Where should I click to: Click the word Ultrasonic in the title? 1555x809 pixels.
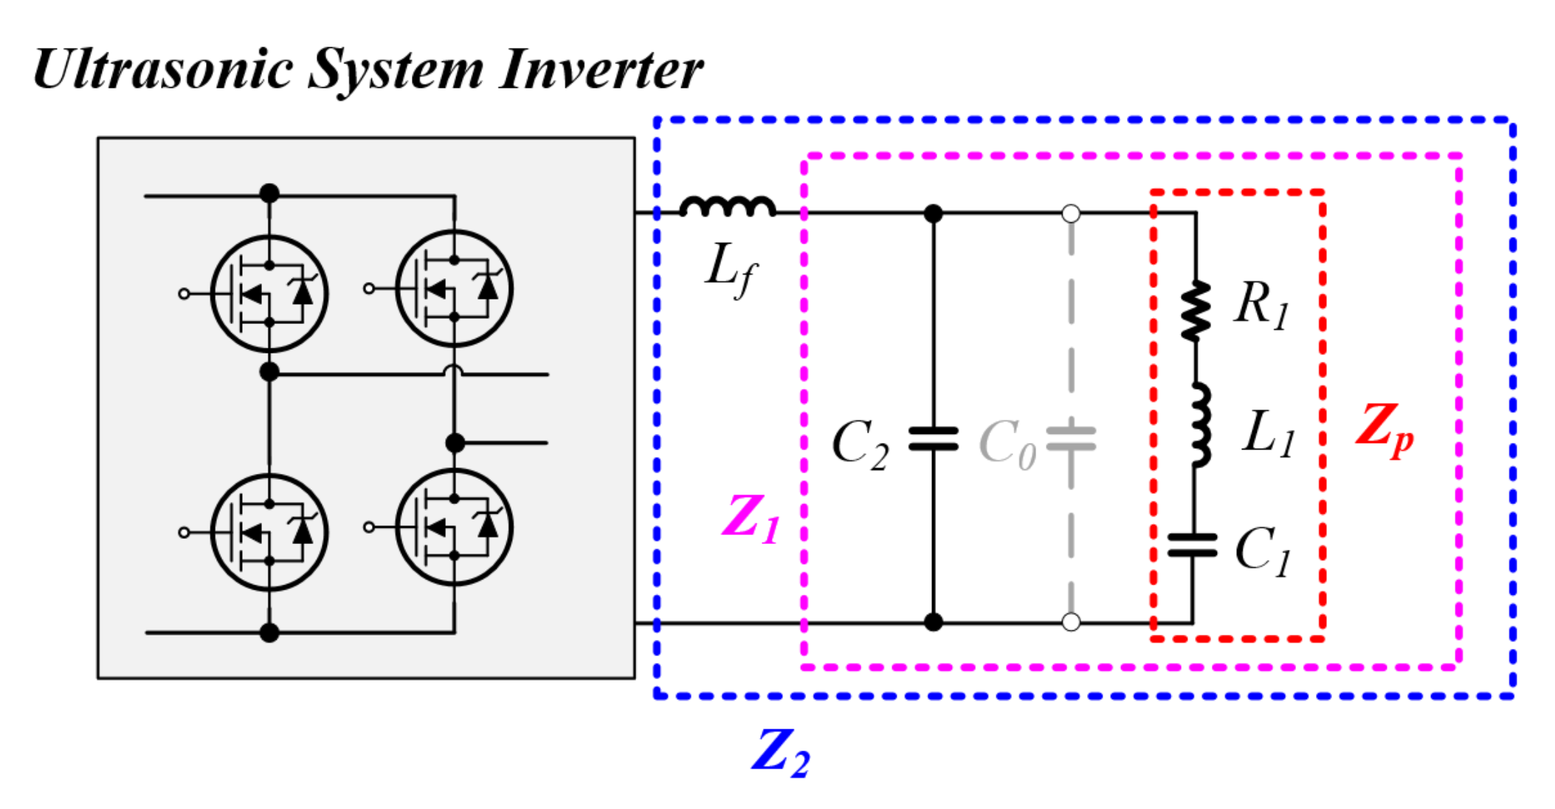click(162, 70)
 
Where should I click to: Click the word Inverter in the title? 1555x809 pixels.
click(600, 70)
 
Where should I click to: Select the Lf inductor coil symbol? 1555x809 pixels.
click(728, 207)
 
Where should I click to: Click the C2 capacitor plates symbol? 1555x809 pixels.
click(934, 438)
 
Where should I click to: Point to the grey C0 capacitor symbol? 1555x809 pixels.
click(1071, 438)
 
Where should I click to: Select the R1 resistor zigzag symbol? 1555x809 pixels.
click(1196, 311)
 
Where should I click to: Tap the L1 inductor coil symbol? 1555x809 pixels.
click(1200, 425)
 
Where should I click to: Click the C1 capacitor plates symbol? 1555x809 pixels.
click(1192, 545)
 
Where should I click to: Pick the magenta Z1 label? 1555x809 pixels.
click(750, 518)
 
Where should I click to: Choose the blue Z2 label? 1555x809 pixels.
click(780, 753)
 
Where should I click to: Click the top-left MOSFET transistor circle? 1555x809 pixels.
click(269, 293)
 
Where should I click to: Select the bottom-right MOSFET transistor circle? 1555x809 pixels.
click(454, 527)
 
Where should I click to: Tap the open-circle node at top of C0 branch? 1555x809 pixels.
click(1071, 214)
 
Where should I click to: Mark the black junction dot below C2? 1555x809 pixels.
click(934, 622)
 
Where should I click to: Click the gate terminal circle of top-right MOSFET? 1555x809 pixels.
click(369, 289)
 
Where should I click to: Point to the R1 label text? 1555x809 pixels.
click(1262, 305)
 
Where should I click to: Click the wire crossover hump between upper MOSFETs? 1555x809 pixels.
click(455, 370)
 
